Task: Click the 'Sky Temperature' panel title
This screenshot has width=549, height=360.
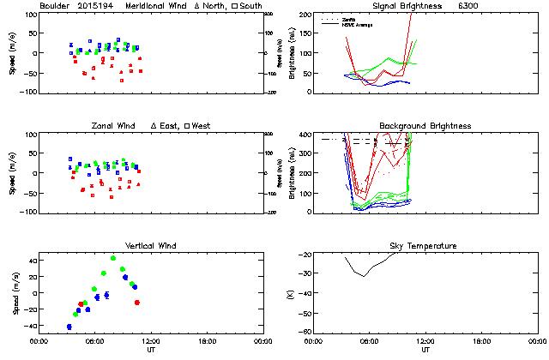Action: click(x=425, y=246)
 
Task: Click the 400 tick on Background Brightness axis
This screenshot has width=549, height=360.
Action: click(x=304, y=135)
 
